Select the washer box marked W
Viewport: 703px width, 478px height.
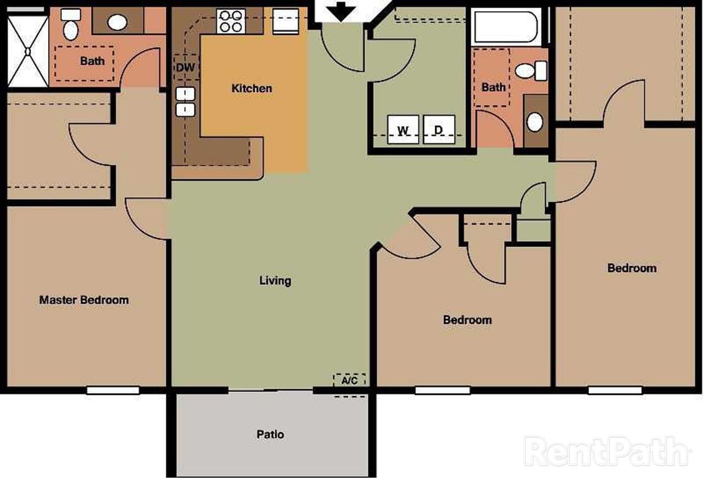tap(403, 130)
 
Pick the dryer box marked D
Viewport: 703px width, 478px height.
tap(439, 130)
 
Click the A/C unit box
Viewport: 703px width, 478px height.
tap(349, 380)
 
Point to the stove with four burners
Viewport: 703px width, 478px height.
tap(231, 21)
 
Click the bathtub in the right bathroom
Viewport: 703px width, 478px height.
tap(506, 27)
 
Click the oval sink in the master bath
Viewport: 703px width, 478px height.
tap(117, 23)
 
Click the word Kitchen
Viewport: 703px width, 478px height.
tap(252, 88)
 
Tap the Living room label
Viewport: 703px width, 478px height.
tap(275, 281)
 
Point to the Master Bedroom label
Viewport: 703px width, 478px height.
tap(84, 300)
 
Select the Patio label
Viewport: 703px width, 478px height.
tap(270, 435)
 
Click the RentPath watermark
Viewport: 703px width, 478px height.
tap(606, 451)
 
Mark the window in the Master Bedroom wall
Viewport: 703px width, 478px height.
tap(113, 390)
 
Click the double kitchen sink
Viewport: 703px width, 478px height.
tap(185, 102)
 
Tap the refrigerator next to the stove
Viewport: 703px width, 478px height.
tap(286, 21)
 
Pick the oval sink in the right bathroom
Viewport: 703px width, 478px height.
tap(535, 121)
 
